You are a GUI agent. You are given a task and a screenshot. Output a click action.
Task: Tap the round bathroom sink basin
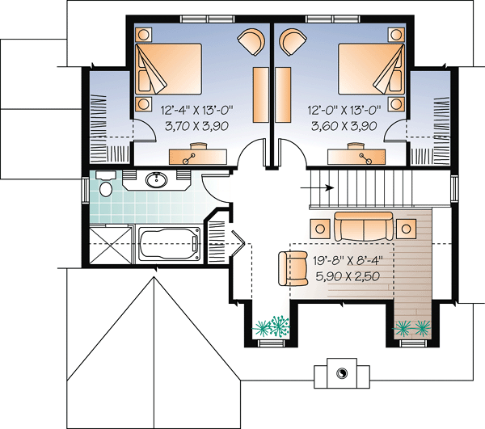157,180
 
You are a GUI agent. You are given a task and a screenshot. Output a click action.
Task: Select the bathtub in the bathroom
169,245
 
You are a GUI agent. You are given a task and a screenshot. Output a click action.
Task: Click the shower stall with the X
110,244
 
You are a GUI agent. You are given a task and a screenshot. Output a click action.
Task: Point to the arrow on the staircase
318,187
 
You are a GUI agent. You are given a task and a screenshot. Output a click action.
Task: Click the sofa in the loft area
364,226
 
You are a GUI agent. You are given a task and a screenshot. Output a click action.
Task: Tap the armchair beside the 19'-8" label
293,268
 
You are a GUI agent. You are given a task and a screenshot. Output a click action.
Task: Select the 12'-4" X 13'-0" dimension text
196,110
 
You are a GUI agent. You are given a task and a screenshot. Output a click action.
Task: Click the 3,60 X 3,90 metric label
344,126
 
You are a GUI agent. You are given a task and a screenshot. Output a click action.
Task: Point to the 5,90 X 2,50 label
348,276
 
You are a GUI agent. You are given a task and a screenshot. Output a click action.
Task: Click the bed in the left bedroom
169,69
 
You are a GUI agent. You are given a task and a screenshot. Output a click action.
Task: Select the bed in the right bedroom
372,69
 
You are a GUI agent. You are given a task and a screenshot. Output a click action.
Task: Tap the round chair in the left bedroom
251,42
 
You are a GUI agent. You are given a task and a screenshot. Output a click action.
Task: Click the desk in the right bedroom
356,156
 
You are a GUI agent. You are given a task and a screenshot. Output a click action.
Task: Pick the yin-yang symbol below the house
342,373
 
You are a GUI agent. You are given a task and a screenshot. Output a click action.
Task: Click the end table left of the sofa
320,229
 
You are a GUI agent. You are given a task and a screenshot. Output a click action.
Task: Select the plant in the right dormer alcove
412,328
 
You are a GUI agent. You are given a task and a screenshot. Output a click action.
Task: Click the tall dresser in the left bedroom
261,95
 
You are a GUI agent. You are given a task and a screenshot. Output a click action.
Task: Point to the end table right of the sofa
406,229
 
